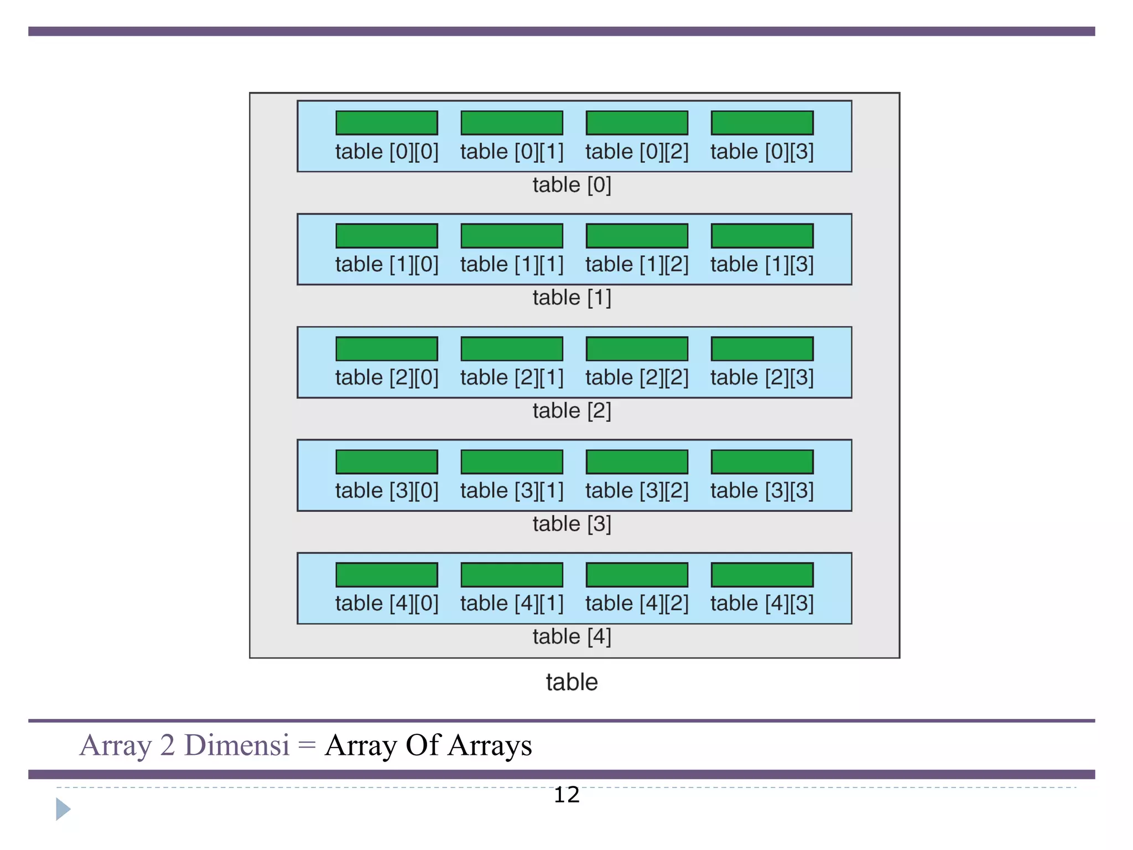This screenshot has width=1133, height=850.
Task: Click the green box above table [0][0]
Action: point(387,123)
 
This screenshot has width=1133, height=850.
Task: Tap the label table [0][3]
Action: point(762,152)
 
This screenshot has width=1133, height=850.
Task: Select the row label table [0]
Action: point(571,185)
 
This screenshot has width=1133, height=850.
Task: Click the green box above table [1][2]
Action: point(637,236)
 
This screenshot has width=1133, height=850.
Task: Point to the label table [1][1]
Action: point(512,265)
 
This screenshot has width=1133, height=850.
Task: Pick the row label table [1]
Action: point(571,298)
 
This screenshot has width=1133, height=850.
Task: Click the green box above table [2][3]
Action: point(762,349)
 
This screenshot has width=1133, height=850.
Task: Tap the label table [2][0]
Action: point(387,377)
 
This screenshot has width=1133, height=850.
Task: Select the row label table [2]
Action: point(571,411)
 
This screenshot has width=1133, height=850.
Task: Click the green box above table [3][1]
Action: point(512,462)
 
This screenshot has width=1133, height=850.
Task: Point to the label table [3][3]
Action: point(762,490)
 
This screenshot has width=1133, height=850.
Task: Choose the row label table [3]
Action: point(571,524)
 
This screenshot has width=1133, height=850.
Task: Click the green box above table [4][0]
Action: point(387,574)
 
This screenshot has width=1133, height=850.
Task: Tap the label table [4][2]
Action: point(637,603)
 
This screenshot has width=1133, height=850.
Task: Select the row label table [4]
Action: point(571,636)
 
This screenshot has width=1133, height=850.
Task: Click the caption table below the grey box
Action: point(571,682)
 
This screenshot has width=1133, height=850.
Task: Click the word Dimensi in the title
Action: point(237,745)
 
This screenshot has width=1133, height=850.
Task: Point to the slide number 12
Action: point(566,795)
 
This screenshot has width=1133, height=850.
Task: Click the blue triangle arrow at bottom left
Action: point(63,809)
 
